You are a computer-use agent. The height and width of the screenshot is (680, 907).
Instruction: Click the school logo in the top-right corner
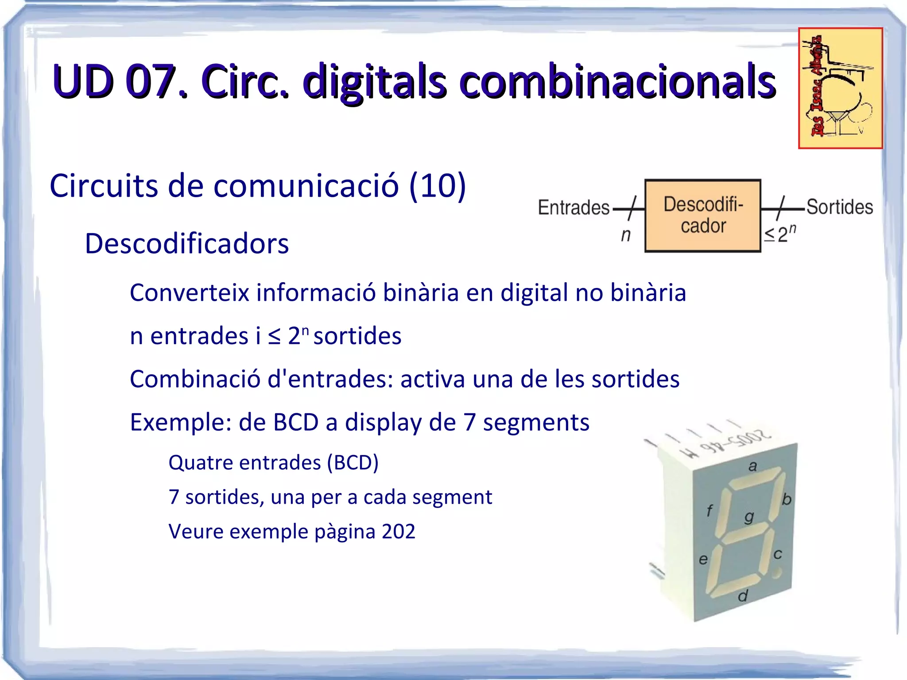point(840,88)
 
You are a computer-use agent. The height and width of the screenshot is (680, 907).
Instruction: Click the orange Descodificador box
point(703,216)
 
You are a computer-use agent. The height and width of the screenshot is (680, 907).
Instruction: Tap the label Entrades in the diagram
point(574,207)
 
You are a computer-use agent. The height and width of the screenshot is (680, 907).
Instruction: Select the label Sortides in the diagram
point(839,207)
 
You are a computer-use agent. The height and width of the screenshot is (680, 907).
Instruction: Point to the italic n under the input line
point(625,235)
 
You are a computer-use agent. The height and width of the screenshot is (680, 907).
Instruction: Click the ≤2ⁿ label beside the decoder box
point(780,234)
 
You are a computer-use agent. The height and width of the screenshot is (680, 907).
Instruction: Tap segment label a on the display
point(752,466)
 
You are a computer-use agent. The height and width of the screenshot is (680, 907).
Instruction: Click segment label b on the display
point(786,499)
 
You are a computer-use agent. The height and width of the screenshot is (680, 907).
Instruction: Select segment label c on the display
point(778,554)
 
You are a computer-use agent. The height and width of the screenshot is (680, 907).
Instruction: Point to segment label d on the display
point(743,596)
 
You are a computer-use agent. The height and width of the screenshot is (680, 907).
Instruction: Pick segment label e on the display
point(703,560)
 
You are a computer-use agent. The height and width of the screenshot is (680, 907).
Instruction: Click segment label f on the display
point(709,511)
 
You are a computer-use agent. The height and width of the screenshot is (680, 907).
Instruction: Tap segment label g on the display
point(749,517)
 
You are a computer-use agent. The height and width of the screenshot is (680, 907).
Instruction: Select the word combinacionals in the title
point(617,82)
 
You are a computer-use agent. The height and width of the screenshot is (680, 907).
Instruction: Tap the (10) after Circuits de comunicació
point(438,185)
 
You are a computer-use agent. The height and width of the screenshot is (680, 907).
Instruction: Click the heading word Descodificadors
point(186,243)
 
